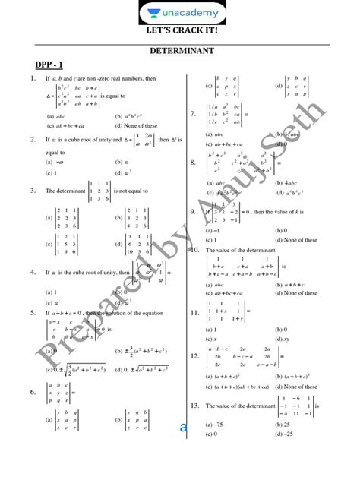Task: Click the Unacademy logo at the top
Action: [x=181, y=13]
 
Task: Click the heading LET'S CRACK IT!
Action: [x=181, y=33]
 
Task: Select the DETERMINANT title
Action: [x=181, y=52]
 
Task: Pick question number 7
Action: [x=194, y=114]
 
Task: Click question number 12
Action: [x=194, y=355]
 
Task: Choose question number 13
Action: [x=194, y=406]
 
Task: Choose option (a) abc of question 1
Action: [x=54, y=116]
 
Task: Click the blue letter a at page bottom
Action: [x=183, y=428]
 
